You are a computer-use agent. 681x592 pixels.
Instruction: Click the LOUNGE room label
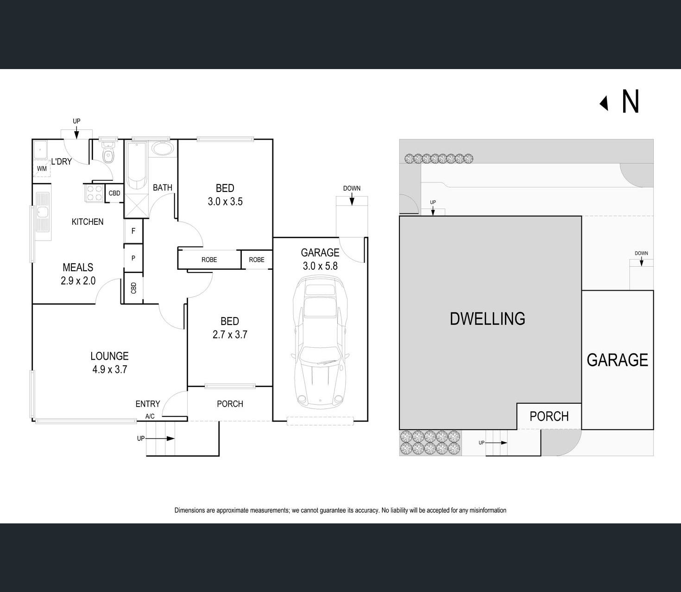point(109,356)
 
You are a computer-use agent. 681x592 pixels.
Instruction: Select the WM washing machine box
point(42,168)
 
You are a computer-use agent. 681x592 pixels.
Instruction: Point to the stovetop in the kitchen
point(95,193)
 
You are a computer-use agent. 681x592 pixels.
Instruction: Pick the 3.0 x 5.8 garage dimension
point(320,266)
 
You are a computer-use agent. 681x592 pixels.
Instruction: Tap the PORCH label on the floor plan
point(230,404)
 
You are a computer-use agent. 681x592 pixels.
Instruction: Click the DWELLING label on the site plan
point(487,319)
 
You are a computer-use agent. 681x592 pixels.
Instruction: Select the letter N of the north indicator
point(630,102)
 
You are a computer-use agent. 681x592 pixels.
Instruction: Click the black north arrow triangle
point(604,103)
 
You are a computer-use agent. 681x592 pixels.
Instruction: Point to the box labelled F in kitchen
point(133,231)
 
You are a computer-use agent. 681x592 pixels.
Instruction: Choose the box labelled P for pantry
point(133,258)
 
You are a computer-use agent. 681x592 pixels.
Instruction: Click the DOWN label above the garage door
point(352,188)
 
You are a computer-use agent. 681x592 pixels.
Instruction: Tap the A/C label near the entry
point(150,416)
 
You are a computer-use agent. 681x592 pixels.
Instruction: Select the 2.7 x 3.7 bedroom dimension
point(230,335)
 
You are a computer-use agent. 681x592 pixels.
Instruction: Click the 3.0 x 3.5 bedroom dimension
point(225,202)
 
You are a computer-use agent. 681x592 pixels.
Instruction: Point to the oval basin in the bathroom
point(163,149)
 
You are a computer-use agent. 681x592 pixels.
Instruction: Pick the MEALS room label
point(78,267)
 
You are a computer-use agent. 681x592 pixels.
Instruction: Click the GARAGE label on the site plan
point(617,360)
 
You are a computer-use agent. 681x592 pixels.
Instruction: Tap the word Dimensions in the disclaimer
point(189,510)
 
